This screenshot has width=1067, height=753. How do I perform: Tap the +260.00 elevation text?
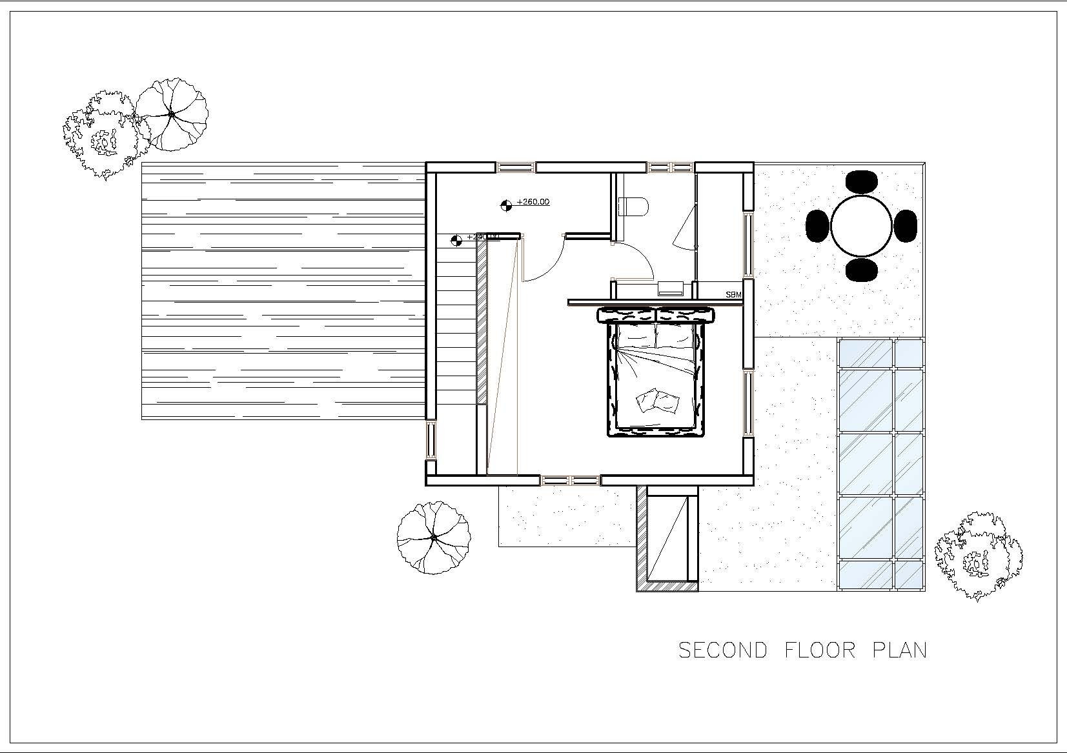[x=533, y=202]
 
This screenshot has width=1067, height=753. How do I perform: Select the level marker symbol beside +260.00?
[x=506, y=206]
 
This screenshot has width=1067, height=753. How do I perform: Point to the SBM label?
[x=733, y=295]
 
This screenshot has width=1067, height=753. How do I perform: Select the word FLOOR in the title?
[x=820, y=650]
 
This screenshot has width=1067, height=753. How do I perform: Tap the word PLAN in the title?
[x=900, y=650]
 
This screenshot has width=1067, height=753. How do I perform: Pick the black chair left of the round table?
[x=817, y=226]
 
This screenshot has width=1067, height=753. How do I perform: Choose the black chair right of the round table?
[x=906, y=226]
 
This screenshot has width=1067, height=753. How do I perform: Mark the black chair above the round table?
[x=862, y=181]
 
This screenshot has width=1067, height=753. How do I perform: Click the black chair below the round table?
[x=862, y=270]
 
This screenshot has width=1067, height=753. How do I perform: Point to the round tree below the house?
[x=433, y=537]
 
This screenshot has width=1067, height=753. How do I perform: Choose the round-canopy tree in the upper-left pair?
[x=172, y=114]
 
